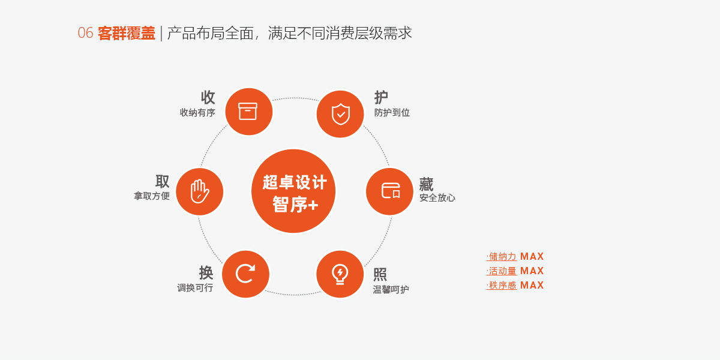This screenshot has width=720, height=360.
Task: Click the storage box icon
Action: click(247, 111)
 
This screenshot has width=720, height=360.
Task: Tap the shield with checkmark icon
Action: click(340, 114)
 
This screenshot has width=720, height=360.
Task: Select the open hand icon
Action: click(200, 191)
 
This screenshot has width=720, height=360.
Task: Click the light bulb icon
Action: click(340, 274)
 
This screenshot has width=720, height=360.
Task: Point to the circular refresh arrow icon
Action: click(245, 274)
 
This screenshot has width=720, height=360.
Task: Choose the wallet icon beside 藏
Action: click(391, 190)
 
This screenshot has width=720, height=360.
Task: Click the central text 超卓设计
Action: click(295, 182)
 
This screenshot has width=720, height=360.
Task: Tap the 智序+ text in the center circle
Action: click(295, 205)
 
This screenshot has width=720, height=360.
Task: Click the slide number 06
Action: click(85, 33)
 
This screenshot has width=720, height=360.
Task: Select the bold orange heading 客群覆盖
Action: click(127, 33)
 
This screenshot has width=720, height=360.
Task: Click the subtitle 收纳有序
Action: click(197, 113)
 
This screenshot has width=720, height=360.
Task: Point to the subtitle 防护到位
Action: click(392, 113)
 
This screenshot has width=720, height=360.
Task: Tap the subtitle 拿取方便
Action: click(152, 196)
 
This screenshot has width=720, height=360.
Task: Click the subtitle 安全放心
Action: click(437, 197)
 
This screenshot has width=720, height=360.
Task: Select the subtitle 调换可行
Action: click(195, 287)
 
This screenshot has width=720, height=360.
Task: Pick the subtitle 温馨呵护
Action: click(391, 289)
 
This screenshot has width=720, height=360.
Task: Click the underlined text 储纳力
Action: click(502, 257)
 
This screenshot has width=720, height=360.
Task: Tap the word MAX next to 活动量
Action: click(532, 271)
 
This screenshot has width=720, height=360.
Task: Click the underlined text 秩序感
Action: click(502, 285)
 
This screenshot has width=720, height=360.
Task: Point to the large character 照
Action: click(380, 274)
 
